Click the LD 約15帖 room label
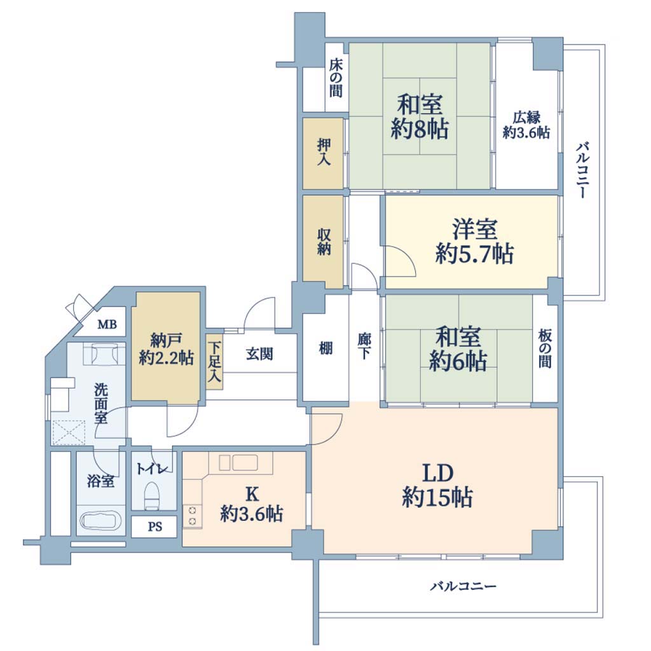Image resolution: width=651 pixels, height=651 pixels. pos(437,485)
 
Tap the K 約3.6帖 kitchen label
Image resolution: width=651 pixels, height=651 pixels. pos(252,504)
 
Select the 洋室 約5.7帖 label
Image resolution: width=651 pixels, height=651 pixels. pos(474,242)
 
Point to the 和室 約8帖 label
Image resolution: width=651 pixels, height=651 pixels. pos(420,117)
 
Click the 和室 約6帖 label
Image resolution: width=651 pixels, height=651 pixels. pos(458,349)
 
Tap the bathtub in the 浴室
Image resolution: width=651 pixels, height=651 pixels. pos(101,520)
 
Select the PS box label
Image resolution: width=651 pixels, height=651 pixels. pos(155,527)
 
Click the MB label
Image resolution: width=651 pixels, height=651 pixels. pos(107,324)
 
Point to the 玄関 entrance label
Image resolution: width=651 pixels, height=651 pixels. pos(259,354)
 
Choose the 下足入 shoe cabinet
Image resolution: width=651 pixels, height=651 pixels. pos(214,362)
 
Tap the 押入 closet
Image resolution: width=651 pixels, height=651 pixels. pos(323,153)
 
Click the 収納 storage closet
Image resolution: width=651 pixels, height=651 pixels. pos(323,242)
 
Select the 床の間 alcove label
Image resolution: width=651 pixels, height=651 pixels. pos(336,78)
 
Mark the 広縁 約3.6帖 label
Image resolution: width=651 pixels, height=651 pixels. pos(526,125)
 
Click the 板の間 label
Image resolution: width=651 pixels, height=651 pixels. pos(545,348)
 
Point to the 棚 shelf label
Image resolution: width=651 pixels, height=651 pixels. pos(325,348)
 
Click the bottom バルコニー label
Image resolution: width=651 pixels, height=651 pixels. pos(463,586)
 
